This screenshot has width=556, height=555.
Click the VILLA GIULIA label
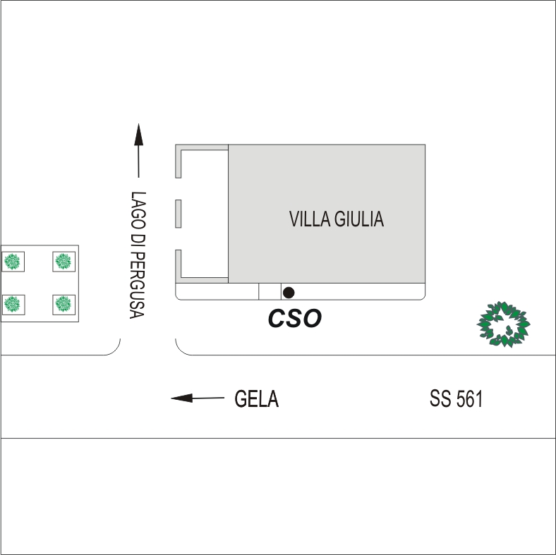click(337, 219)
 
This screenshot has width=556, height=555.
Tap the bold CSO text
click(294, 319)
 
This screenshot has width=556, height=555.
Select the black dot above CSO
click(288, 292)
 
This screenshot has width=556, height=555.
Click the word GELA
click(257, 400)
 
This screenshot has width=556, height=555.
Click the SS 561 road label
click(457, 400)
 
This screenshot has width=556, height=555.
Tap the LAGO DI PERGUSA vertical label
click(138, 255)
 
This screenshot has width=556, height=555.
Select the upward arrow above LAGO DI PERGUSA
click(138, 150)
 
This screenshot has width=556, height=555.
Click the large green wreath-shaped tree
click(503, 324)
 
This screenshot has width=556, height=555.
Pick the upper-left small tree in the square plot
click(12, 262)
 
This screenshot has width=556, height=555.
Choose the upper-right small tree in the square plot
click(64, 262)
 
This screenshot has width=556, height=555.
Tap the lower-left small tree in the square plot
click(12, 304)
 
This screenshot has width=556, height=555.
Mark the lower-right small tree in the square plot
click(64, 304)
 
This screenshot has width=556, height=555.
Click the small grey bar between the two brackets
click(179, 214)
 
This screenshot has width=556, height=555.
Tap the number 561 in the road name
click(469, 400)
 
